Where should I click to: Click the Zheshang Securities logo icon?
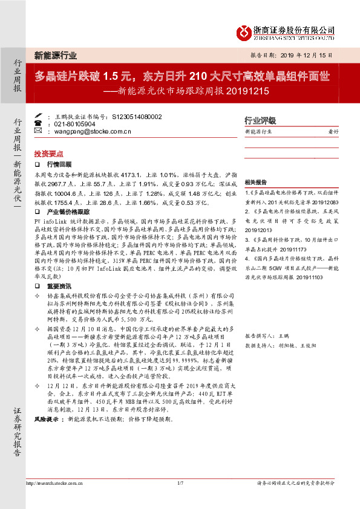point(242,31)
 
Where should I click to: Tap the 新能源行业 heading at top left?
point(55,56)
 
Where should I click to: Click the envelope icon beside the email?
point(38,131)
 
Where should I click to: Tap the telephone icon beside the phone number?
point(38,123)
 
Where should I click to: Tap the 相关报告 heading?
point(255,182)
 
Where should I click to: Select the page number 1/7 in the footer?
point(180,500)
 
